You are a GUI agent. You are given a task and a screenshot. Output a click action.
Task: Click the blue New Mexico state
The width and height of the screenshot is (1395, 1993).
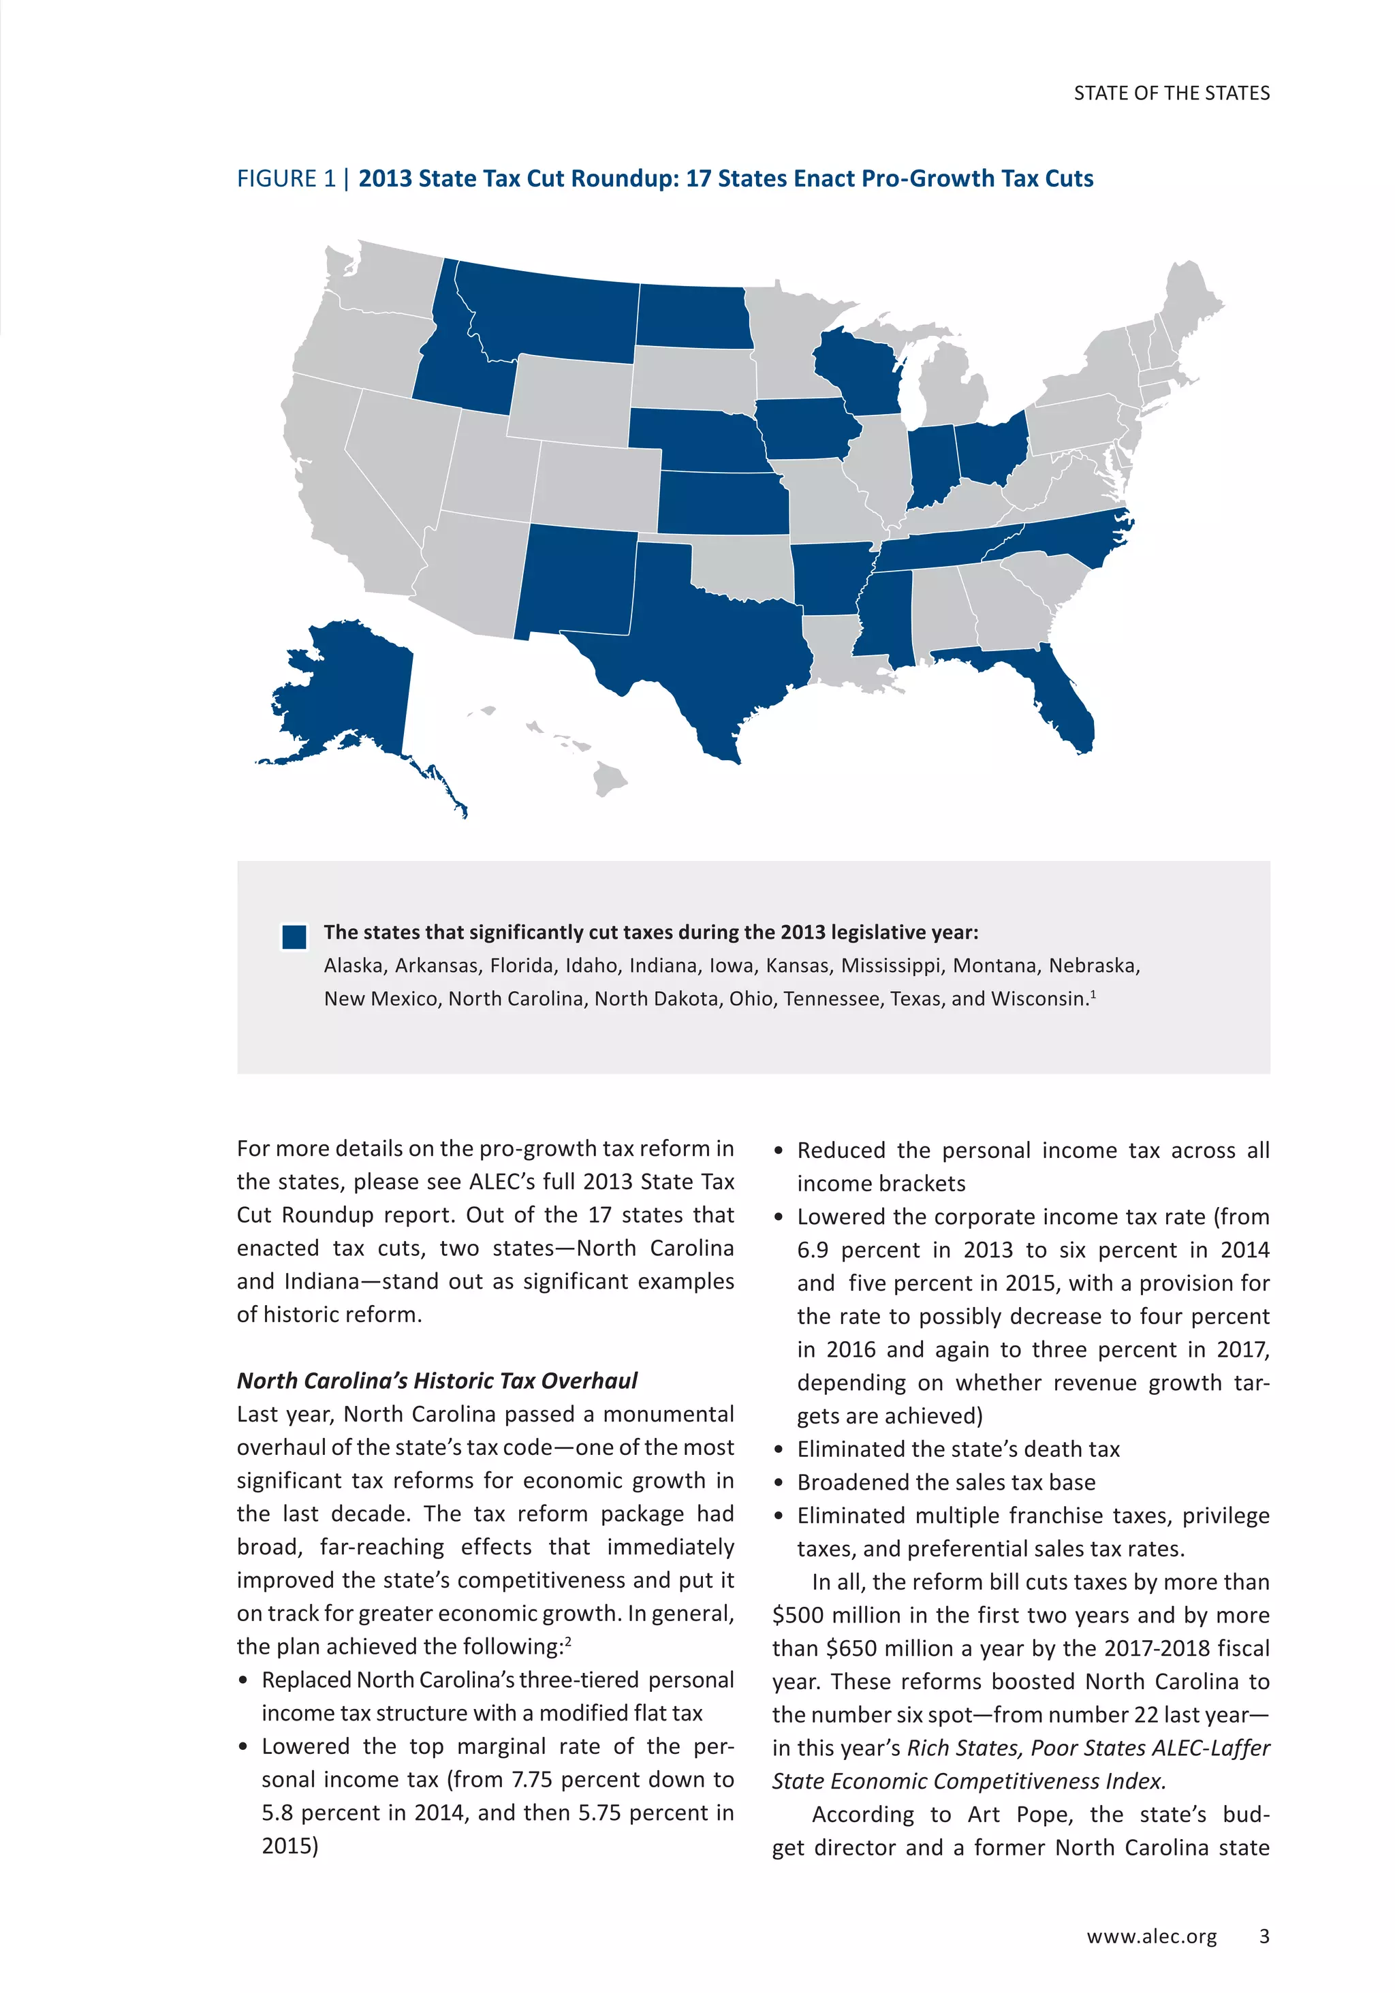coord(577,582)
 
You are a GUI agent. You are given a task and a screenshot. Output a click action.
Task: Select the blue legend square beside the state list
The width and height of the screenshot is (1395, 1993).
coord(294,937)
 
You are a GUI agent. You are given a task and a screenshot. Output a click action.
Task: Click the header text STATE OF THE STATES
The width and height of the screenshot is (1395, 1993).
coord(1171,93)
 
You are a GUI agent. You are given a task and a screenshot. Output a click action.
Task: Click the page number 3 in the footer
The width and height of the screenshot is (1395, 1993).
coord(1264,1936)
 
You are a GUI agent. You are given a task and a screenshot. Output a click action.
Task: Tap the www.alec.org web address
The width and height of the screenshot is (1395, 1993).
coord(1151,1936)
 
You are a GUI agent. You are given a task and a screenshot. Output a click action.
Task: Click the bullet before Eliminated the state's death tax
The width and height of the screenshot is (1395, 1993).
coord(779,1449)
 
